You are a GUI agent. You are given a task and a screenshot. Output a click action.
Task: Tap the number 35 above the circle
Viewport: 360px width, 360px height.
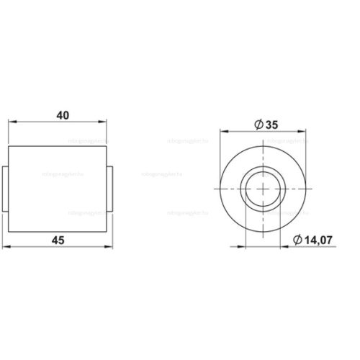click(x=272, y=125)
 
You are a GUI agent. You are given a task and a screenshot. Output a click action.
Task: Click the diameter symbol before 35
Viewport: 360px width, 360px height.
click(x=257, y=125)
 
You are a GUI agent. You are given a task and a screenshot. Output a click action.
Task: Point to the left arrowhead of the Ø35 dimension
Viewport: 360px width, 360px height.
click(x=222, y=132)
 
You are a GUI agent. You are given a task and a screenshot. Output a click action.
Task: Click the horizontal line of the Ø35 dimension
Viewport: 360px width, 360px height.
click(x=245, y=132)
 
